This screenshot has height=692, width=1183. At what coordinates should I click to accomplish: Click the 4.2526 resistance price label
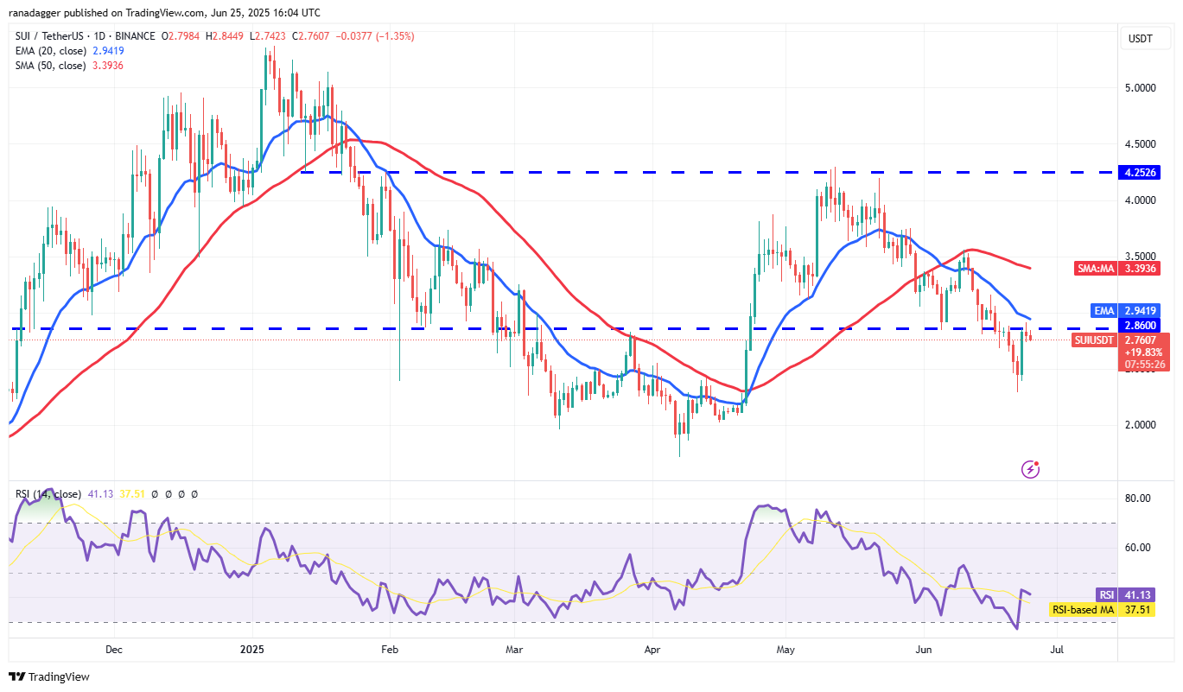1142,172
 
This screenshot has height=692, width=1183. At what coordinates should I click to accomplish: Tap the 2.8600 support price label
1142,325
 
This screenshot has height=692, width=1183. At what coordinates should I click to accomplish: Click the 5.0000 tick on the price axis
1142,88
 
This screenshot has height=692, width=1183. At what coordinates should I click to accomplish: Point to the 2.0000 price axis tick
1142,425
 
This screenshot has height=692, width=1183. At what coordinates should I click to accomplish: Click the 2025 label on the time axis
251,648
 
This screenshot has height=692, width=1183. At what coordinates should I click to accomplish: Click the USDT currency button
1141,38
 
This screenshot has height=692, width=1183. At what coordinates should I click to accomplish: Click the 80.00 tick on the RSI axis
1138,498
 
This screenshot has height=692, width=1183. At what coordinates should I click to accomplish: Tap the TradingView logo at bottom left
49,676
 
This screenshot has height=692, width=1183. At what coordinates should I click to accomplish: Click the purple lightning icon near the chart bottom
1030,469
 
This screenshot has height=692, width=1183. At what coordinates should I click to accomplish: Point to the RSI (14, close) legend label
47,494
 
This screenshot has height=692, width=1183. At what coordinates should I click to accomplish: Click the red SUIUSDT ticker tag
1094,340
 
